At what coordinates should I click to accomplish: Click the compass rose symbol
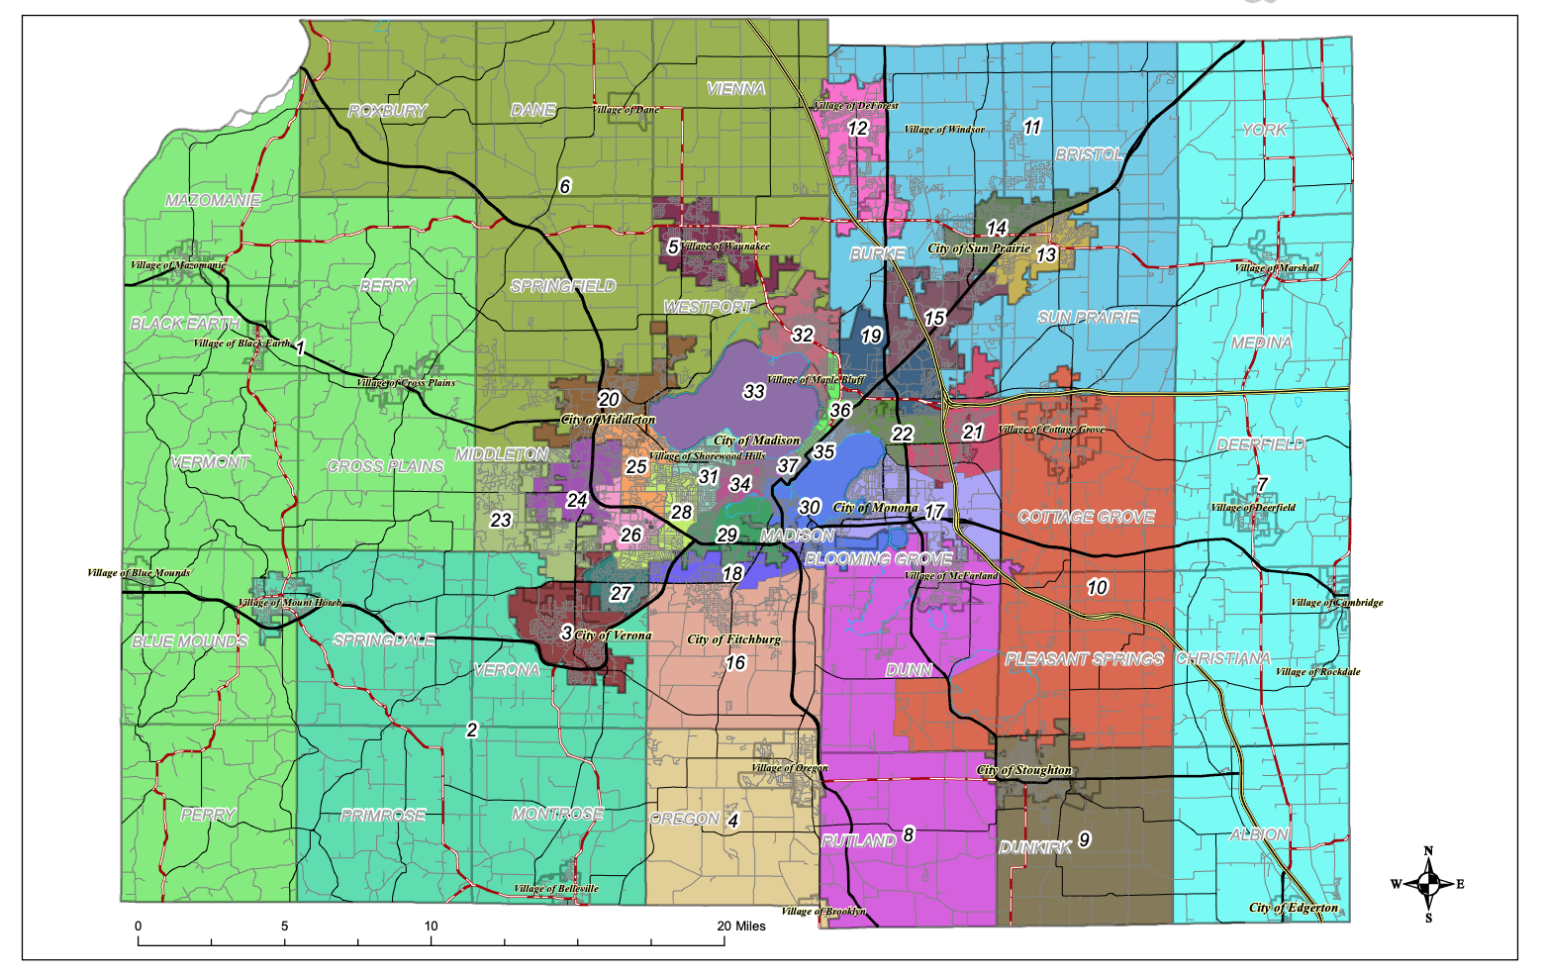[1427, 884]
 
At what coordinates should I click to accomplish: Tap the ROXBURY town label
[387, 111]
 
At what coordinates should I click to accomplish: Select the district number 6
[565, 186]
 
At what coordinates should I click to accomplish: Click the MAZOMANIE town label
[213, 200]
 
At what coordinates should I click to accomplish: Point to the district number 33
[754, 392]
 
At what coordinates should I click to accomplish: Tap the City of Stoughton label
[1024, 770]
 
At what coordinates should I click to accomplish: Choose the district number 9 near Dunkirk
[1085, 839]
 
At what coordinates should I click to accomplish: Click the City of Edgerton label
[1293, 908]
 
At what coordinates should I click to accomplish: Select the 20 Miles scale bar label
[741, 927]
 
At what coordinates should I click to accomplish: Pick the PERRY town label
[208, 815]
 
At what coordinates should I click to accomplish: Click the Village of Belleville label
[555, 889]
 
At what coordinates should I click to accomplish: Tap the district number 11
[1032, 127]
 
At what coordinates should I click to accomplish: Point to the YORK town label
[1265, 130]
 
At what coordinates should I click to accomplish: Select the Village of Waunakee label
[725, 246]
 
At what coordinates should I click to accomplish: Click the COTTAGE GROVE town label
[1086, 517]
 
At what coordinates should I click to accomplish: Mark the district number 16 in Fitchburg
[735, 663]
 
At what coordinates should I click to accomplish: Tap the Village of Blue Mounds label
[139, 573]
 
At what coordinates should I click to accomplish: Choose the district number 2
[472, 730]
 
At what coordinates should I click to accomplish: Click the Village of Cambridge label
[1336, 603]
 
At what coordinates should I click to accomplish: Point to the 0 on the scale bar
[139, 927]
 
